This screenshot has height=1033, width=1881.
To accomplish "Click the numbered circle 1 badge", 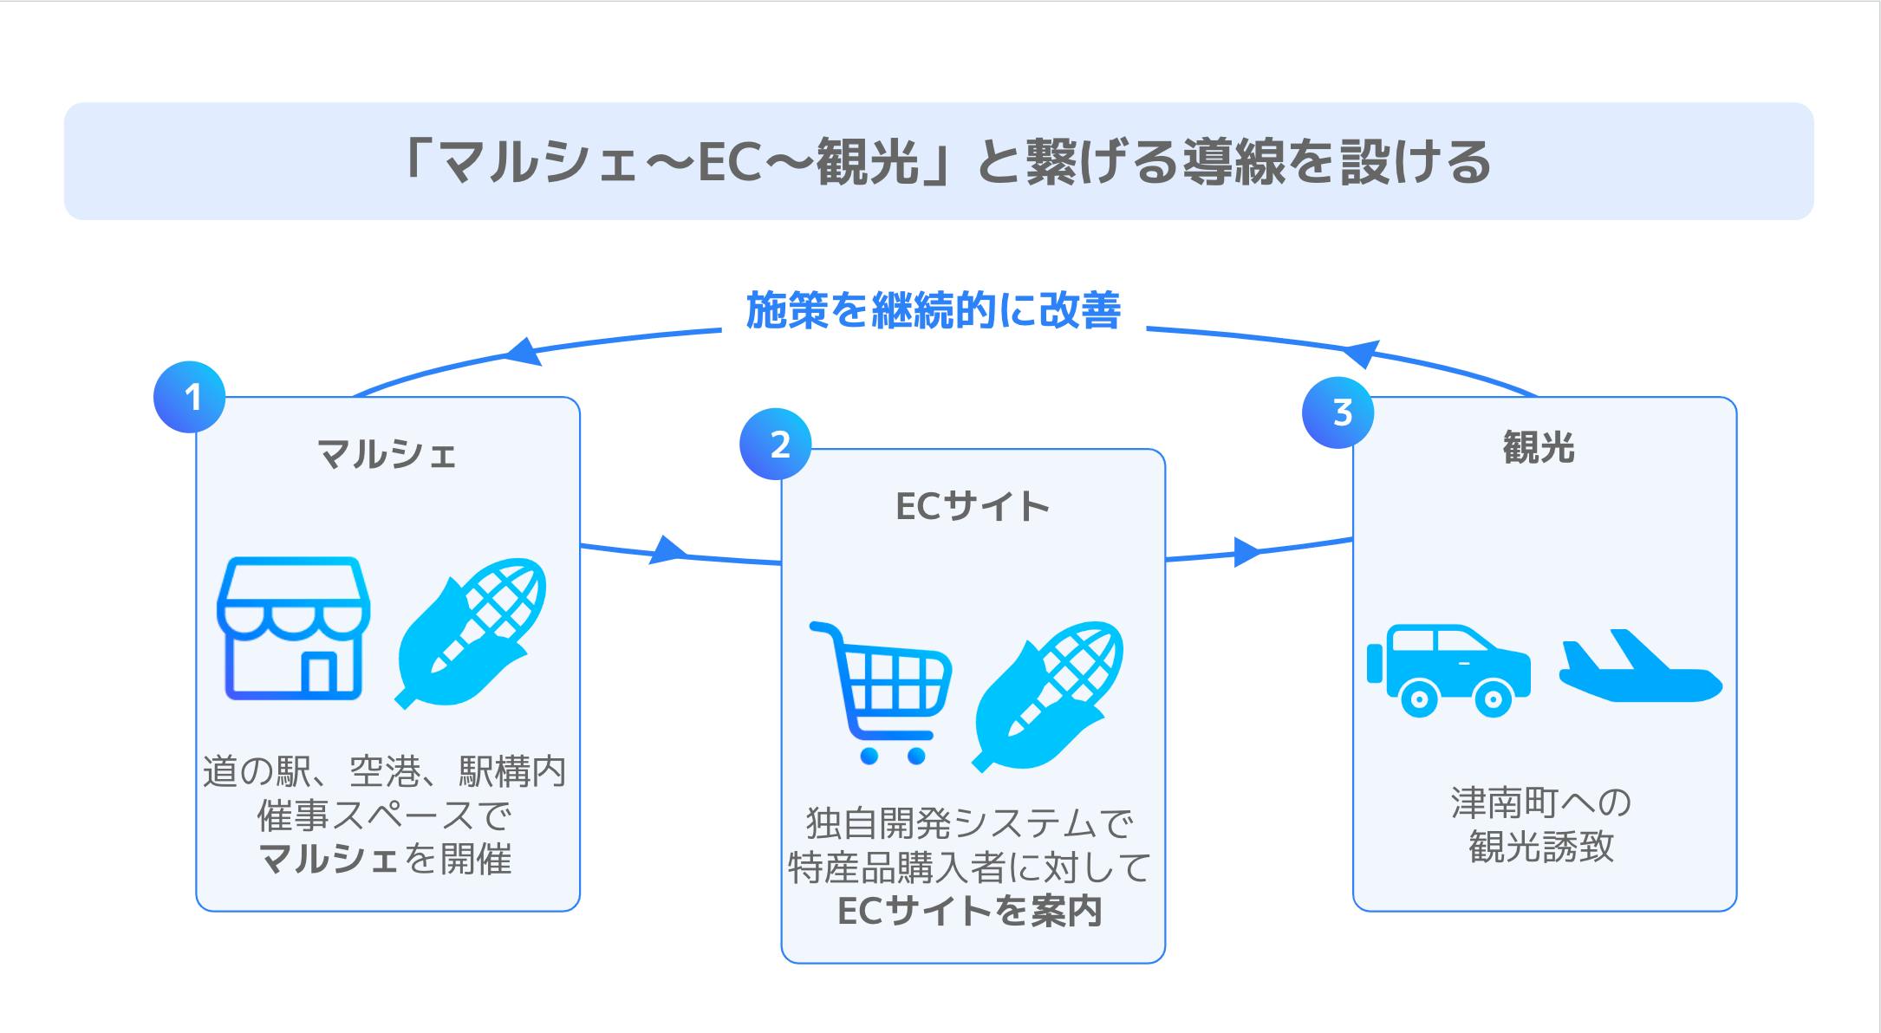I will coord(190,397).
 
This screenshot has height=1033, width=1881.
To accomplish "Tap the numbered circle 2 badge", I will coord(776,445).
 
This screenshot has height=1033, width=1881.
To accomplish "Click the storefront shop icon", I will coord(293,627).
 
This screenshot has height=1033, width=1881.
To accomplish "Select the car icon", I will coord(1448,670).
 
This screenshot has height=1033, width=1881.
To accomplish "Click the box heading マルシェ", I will coord(387,453).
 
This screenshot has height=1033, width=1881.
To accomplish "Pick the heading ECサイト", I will coord(972,506).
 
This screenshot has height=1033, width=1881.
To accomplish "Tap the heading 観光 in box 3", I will coord(1538,448).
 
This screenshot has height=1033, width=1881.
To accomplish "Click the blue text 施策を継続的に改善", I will coord(934,310).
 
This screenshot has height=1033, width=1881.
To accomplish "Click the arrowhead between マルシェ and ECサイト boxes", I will coord(667,550).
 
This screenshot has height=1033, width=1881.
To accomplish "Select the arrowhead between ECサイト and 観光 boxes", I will coord(1246,552).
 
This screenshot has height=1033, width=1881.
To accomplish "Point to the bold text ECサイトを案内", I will coord(970,911).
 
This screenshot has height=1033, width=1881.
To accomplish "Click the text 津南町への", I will coord(1541,803).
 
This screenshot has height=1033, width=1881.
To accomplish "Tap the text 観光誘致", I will coord(1541,847).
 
